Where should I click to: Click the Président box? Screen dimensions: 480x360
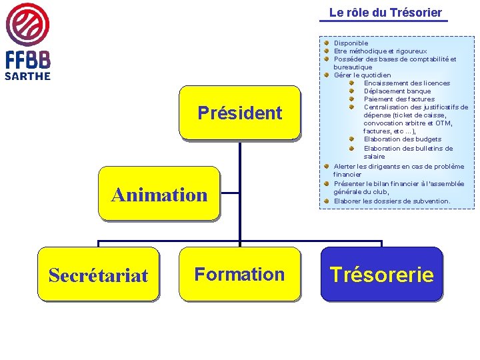pos(240,113)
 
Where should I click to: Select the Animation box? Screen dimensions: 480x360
pos(159,194)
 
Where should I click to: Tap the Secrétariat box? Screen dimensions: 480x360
pos(98,275)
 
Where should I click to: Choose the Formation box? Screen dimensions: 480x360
pos(239,274)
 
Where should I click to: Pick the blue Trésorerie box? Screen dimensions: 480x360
pos(381,275)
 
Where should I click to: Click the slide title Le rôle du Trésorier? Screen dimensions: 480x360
pos(385,13)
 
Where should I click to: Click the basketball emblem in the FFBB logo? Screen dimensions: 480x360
pos(27,25)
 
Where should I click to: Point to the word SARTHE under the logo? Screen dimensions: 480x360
pos(27,76)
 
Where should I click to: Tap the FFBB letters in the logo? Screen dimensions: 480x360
pos(28,60)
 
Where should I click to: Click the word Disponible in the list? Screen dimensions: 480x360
pos(351,43)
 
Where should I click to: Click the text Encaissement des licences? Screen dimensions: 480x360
pos(407,83)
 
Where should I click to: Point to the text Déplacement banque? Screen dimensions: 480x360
pos(397,91)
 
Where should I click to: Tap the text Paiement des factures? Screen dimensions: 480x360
pos(399,99)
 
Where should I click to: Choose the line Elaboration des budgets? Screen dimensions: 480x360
pos(403,139)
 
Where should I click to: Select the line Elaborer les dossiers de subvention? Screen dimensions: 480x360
pos(392,201)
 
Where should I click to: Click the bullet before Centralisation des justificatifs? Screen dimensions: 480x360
pos(350,107)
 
